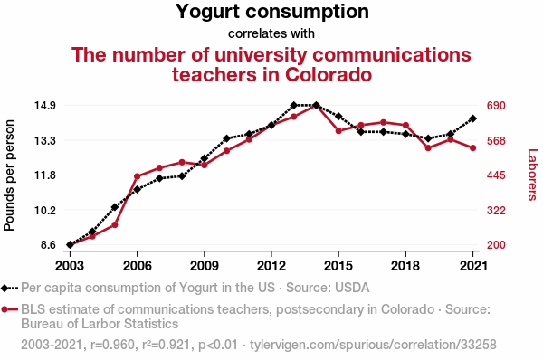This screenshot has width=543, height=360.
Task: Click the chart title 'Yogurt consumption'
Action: (271, 13)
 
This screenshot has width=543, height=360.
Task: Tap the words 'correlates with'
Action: (271, 33)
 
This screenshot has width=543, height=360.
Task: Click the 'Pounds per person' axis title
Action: (11, 175)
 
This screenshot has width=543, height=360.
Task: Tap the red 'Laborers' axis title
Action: (532, 175)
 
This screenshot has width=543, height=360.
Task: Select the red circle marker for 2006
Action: (137, 176)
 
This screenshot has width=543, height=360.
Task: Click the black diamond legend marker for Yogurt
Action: (8, 289)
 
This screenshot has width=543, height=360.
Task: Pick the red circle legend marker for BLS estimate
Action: (8, 310)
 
